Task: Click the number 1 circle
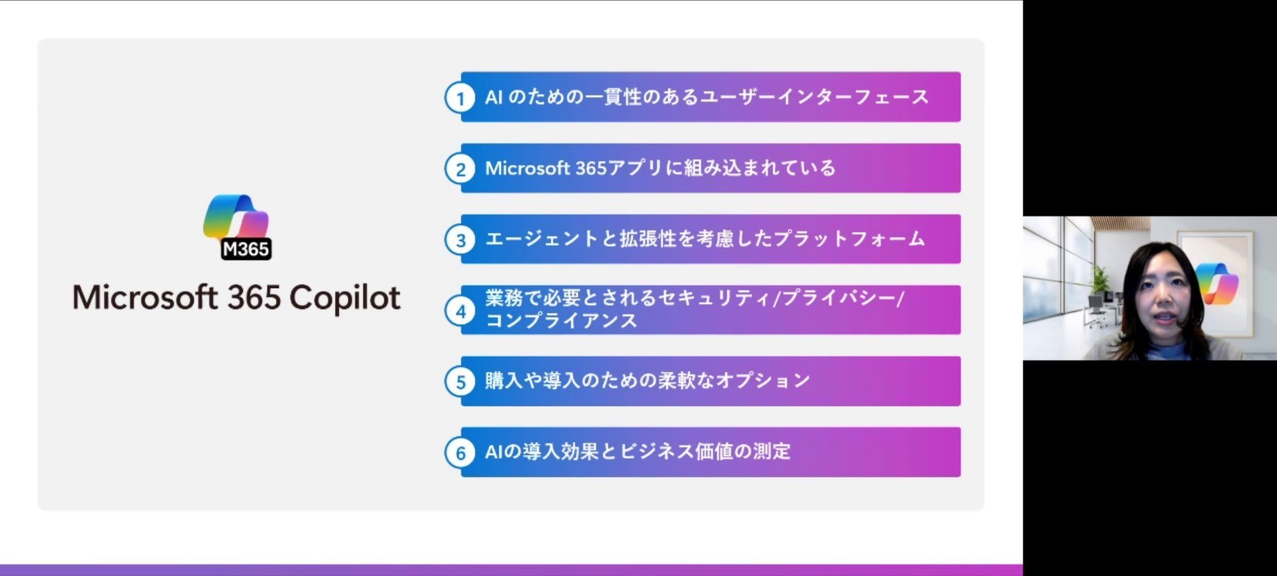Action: click(x=460, y=98)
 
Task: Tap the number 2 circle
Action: click(x=460, y=169)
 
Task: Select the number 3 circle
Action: click(x=460, y=240)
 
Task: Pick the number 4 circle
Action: click(x=460, y=311)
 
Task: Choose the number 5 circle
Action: click(x=460, y=382)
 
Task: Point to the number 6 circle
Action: click(x=460, y=453)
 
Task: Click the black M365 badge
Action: click(x=246, y=249)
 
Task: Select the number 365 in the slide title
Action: click(x=254, y=297)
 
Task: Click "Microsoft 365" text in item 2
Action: click(x=546, y=168)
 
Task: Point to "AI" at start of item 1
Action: click(x=494, y=97)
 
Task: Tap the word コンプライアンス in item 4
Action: click(x=561, y=321)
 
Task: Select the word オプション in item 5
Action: click(x=763, y=381)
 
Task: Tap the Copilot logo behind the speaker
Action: click(x=1216, y=283)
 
